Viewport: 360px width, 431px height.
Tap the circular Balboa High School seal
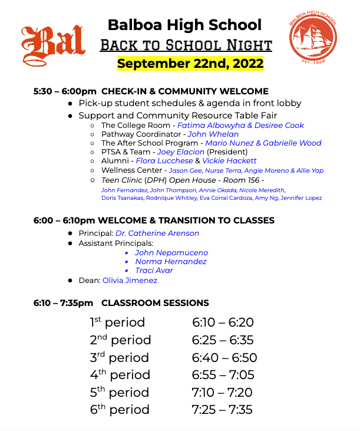point(313,39)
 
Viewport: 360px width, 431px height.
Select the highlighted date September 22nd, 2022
point(190,63)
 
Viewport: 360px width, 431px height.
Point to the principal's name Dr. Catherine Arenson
point(157,233)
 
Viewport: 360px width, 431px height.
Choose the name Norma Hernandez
point(171,261)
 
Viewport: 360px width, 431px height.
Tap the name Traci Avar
point(154,271)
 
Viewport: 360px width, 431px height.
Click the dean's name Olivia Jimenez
point(130,281)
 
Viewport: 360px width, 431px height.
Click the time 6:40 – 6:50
point(224,358)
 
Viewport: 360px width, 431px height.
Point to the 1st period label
point(117,323)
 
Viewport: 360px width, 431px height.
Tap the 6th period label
point(120,410)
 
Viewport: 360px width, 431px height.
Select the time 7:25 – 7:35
point(222,410)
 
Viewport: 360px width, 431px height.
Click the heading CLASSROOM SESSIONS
point(155,303)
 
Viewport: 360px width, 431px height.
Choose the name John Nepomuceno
point(171,252)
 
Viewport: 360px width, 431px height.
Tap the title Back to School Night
point(186,45)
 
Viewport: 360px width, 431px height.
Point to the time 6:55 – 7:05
point(223,375)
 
